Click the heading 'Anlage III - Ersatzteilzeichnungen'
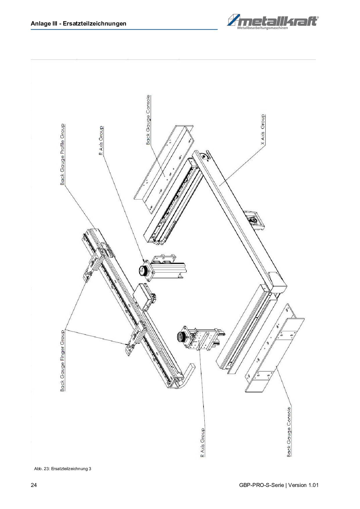(78, 24)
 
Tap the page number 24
(34, 485)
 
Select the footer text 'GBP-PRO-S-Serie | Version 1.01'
(279, 485)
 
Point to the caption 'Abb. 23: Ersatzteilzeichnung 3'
(63, 468)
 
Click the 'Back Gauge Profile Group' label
(62, 154)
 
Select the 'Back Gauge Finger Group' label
(62, 361)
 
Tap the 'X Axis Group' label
(263, 129)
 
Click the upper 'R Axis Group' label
(101, 140)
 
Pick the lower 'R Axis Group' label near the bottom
(202, 443)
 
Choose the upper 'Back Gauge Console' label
(148, 120)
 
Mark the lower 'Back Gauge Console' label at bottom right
(289, 432)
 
